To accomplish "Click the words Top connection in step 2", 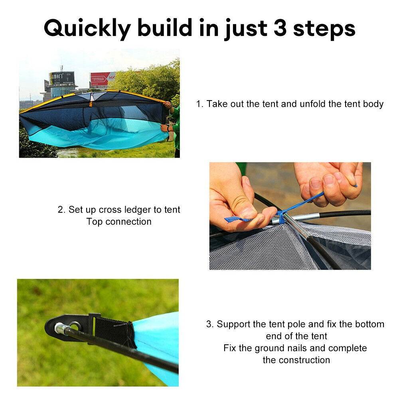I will (119, 222).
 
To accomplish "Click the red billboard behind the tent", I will (102, 79).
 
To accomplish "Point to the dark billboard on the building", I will (62, 77).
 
